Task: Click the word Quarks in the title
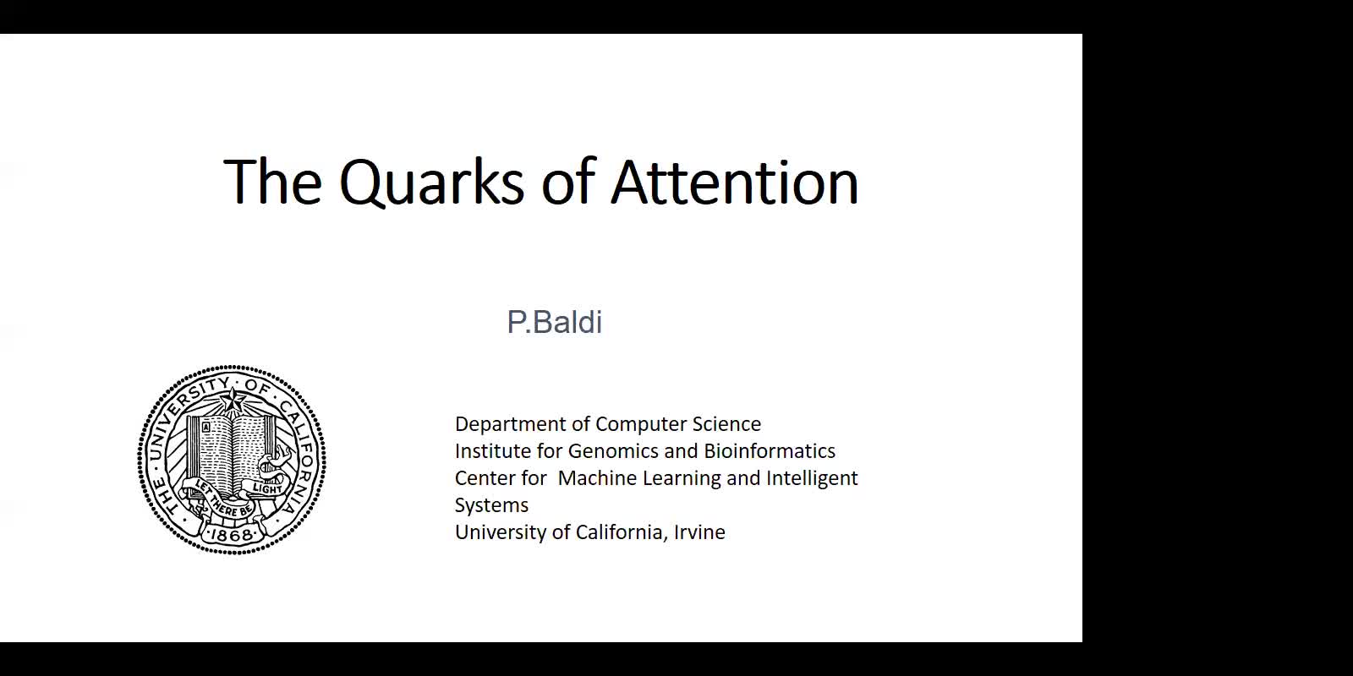point(431,183)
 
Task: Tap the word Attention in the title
point(735,181)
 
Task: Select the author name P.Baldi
point(555,322)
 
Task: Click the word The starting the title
point(272,181)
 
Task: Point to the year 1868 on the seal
point(232,534)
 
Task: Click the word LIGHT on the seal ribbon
point(268,488)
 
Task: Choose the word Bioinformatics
point(770,451)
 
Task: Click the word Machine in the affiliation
point(597,478)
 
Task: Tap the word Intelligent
point(812,478)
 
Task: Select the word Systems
point(491,505)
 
